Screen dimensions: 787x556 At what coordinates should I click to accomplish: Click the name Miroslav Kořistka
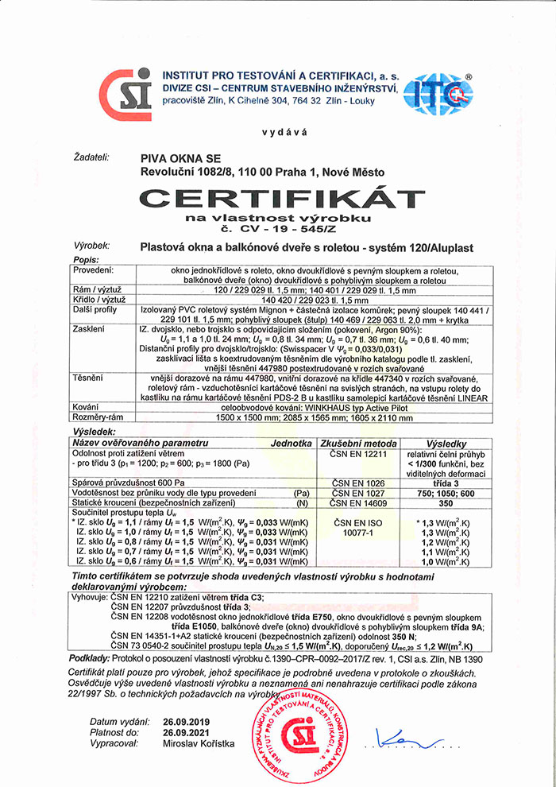click(x=199, y=743)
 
